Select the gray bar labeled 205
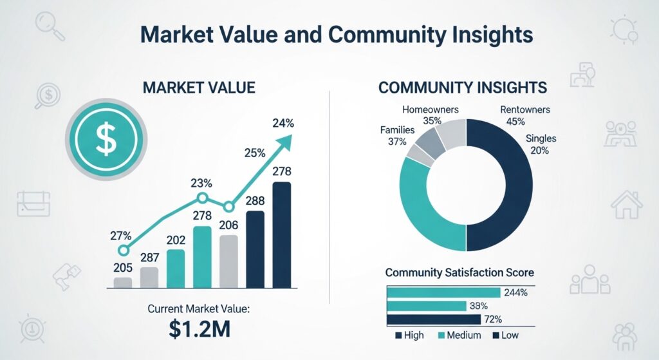(122, 281)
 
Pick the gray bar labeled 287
(149, 276)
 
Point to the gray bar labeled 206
(228, 260)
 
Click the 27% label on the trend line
(120, 235)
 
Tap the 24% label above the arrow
(283, 122)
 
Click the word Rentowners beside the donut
(525, 110)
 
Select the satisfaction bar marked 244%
(443, 292)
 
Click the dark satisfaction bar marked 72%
(433, 319)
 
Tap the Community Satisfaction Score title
(459, 273)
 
